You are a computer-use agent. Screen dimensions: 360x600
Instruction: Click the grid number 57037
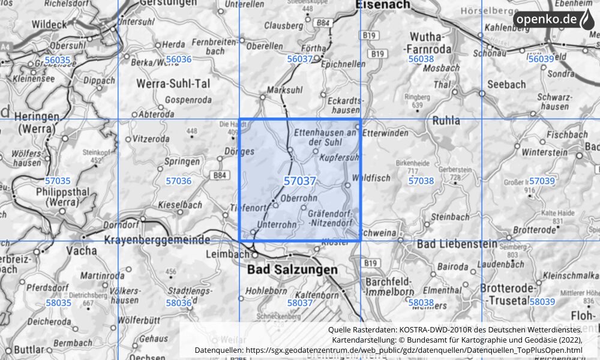[x=300, y=181]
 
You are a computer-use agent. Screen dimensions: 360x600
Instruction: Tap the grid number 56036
[x=178, y=59]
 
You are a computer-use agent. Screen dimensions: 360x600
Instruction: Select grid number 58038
[x=421, y=303]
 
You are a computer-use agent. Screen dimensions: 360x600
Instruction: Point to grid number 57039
[x=542, y=181]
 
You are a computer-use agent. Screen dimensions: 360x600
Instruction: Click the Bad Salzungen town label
[x=292, y=270]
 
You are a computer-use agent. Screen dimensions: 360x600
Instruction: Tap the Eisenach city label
[x=382, y=5]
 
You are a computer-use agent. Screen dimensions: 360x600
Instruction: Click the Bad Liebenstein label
[x=457, y=244]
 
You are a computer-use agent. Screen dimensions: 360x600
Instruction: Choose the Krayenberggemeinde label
[x=157, y=239]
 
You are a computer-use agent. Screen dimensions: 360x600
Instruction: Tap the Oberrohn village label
[x=299, y=199]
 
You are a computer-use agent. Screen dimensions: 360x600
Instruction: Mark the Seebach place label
[x=506, y=85]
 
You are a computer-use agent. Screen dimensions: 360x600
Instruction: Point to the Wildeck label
[x=51, y=25]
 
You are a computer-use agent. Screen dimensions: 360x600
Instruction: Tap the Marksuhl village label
[x=282, y=90]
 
